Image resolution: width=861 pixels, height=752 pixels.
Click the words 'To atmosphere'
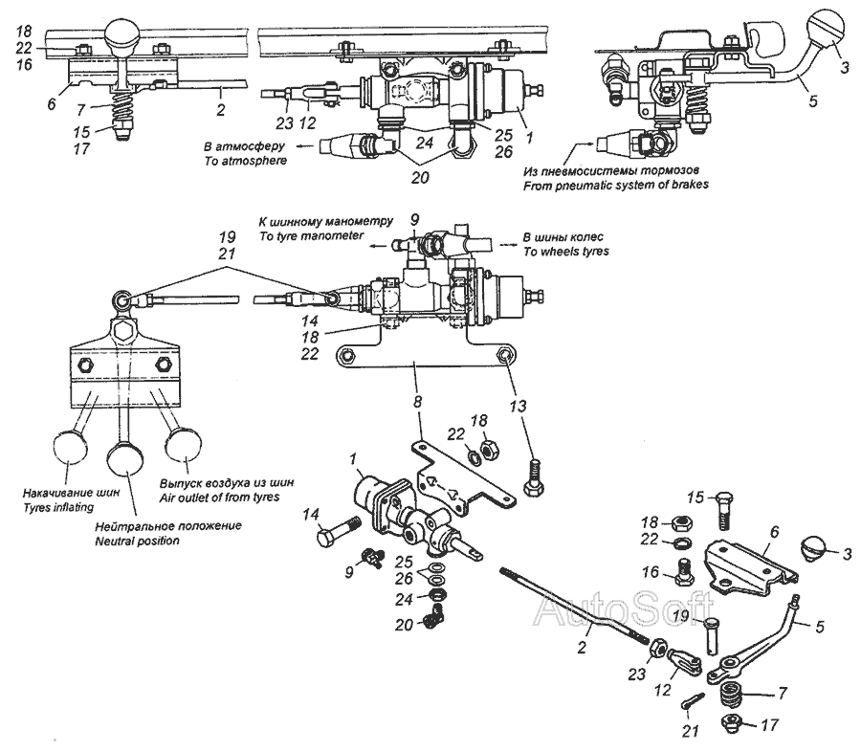[x=246, y=161]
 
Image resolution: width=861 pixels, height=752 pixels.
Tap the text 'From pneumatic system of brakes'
[x=615, y=185]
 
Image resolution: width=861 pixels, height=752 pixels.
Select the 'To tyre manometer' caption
[x=311, y=235]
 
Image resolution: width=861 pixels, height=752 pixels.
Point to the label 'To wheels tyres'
[x=566, y=252]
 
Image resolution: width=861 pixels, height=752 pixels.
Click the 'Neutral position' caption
[x=137, y=542]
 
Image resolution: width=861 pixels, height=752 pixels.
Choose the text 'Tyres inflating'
[x=58, y=507]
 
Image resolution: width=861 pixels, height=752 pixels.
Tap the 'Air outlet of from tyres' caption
[x=220, y=498]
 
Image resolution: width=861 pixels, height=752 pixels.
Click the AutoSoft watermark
[x=623, y=609]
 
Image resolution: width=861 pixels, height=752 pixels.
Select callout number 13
[x=518, y=406]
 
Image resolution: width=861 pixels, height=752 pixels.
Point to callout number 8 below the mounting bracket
[x=418, y=402]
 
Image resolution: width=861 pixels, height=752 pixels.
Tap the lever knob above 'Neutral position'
[x=125, y=458]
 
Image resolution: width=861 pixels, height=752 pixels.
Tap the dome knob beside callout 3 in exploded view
[x=814, y=550]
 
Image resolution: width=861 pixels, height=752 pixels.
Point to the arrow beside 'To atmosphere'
[x=305, y=146]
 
